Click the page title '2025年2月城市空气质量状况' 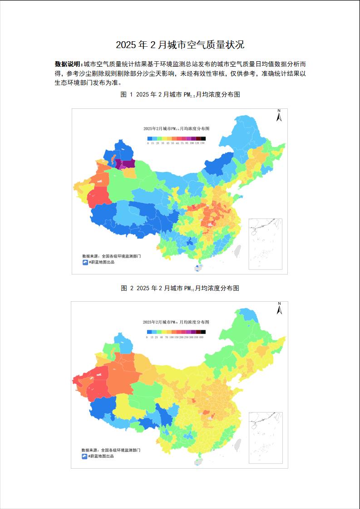tap(180, 44)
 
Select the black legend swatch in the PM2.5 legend tap(203, 138)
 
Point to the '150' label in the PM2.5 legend tap(202, 143)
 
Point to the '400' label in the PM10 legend tap(201, 337)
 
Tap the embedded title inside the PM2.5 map tap(176, 129)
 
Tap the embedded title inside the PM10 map tap(176, 322)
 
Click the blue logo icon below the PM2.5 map tap(84, 262)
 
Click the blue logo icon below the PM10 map tap(84, 456)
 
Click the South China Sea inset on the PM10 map tap(265, 437)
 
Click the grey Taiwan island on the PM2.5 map tap(237, 250)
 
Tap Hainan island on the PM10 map tap(198, 461)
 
